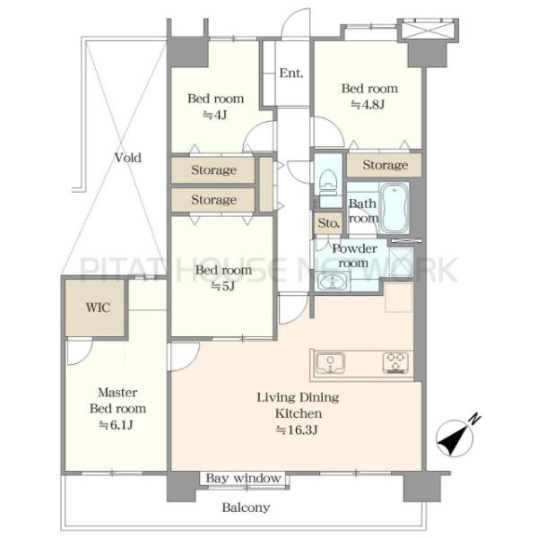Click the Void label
128,158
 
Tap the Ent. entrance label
291,74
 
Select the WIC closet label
98,308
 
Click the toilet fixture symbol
328,185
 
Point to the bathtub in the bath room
395,208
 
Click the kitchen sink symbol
330,363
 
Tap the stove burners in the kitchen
395,363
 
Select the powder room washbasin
333,282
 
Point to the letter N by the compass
475,419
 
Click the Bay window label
244,478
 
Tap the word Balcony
246,508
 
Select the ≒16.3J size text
297,430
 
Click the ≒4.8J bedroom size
368,104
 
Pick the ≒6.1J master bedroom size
116,425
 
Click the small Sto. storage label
329,223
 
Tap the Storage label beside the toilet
386,165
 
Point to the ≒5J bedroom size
222,285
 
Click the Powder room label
354,256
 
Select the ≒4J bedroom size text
215,115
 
